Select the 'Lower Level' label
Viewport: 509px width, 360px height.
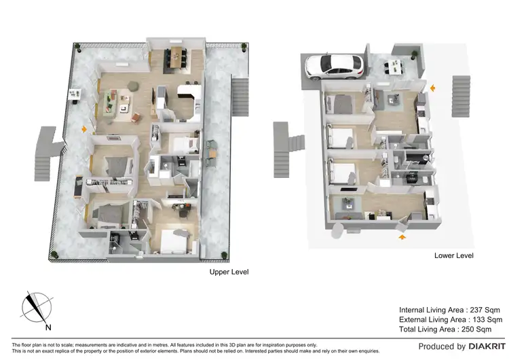(x=453, y=256)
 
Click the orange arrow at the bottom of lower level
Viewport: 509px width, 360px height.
(x=400, y=238)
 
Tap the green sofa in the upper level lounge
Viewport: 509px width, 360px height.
(x=108, y=102)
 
